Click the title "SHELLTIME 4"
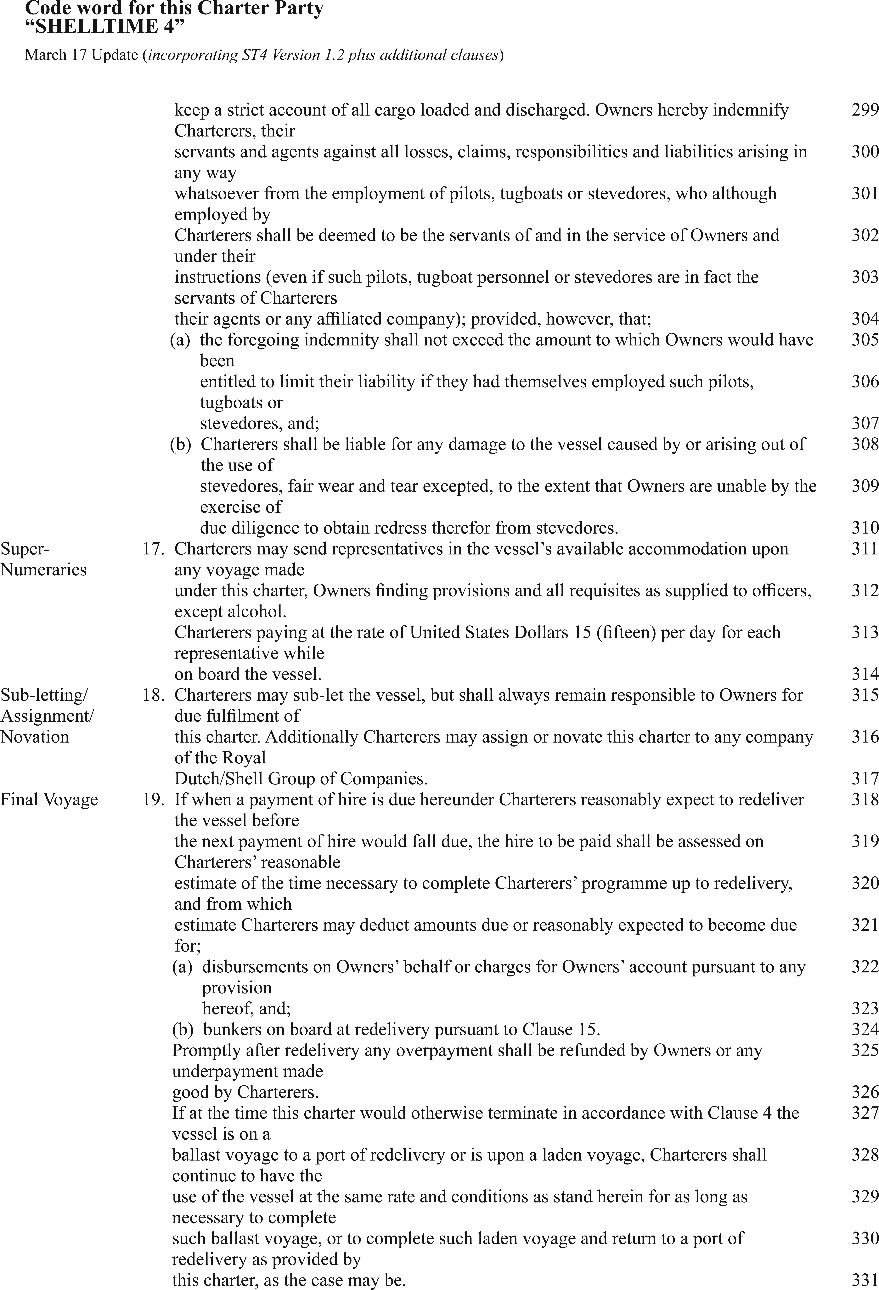104,26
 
